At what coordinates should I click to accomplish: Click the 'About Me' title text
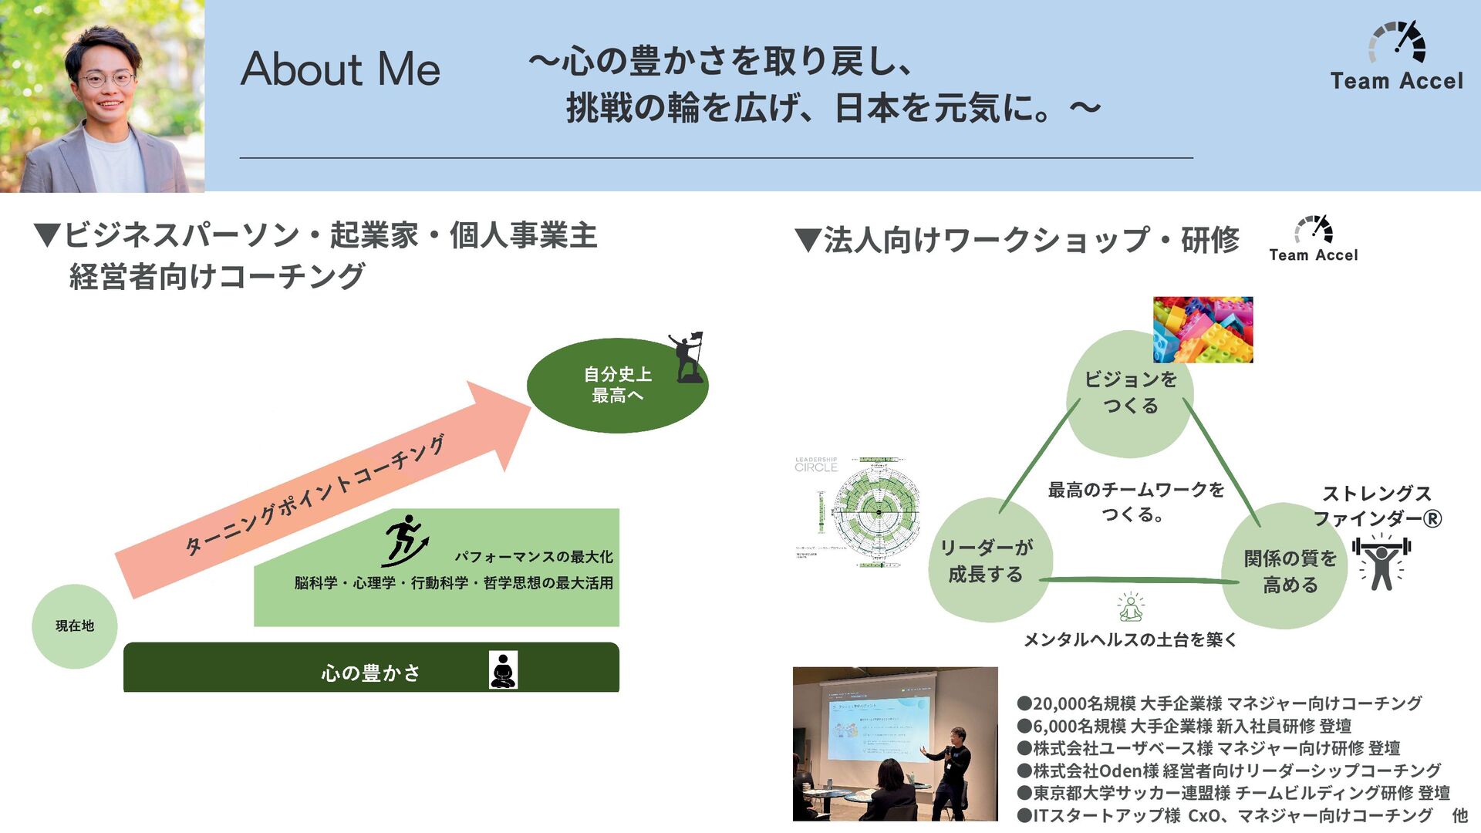pos(340,69)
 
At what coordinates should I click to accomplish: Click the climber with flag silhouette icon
pos(688,357)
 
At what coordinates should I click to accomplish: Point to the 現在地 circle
pos(75,626)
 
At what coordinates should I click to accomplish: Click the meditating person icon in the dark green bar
pos(503,669)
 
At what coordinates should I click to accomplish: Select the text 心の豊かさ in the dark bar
pos(370,673)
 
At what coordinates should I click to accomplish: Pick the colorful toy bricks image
pos(1203,329)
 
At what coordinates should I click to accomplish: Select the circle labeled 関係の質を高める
pos(1289,571)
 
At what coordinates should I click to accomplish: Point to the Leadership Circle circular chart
pos(875,511)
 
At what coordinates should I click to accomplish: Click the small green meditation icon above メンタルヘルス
pos(1131,607)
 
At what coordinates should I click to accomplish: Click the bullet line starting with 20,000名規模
pos(1219,703)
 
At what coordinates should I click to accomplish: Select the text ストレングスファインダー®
pos(1377,506)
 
